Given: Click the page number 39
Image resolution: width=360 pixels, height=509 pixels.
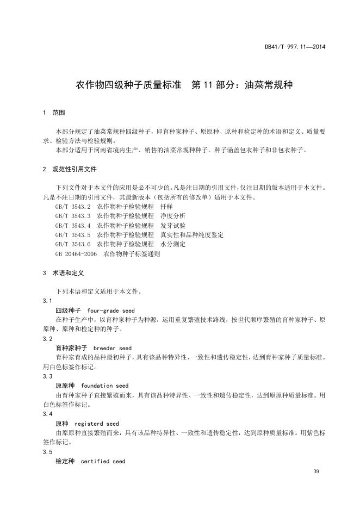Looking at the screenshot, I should (317, 470).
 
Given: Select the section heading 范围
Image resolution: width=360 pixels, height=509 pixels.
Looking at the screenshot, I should (59, 113).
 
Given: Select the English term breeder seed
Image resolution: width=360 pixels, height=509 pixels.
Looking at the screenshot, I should (113, 348).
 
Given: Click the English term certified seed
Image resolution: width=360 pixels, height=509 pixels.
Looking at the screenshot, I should (103, 461).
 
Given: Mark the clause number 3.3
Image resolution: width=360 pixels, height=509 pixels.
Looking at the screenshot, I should (47, 376).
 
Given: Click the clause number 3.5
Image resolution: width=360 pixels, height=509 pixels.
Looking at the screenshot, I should (47, 452).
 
